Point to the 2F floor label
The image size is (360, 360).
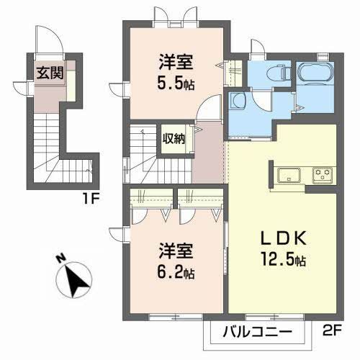click(333, 333)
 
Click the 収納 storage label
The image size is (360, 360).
click(174, 138)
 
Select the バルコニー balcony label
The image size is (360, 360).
click(256, 333)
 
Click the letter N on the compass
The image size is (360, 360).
click(62, 258)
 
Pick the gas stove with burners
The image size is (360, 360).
click(321, 174)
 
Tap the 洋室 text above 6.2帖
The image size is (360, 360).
click(175, 253)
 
